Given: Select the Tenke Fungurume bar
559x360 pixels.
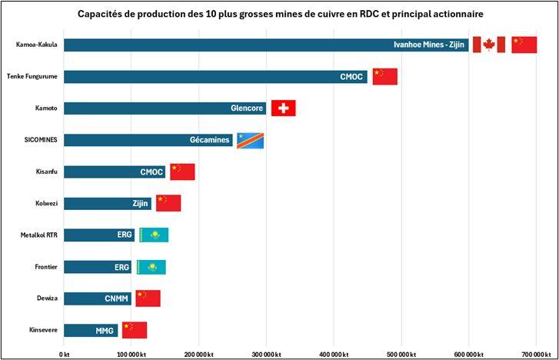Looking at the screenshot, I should pyautogui.click(x=208, y=77).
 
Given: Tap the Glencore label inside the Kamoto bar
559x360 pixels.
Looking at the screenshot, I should pyautogui.click(x=247, y=108).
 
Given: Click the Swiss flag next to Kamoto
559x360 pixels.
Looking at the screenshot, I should pyautogui.click(x=284, y=108).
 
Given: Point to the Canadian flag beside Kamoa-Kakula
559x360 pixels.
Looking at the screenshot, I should pyautogui.click(x=488, y=45).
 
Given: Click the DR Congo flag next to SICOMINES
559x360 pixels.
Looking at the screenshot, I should pyautogui.click(x=250, y=140).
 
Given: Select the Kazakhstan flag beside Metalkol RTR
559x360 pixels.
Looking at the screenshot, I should pyautogui.click(x=153, y=235).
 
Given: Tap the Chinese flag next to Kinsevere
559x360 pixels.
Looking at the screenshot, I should pyautogui.click(x=134, y=330).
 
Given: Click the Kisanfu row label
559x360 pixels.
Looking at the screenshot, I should pyautogui.click(x=45, y=172).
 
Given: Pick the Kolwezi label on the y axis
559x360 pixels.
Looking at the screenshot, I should pyautogui.click(x=45, y=204).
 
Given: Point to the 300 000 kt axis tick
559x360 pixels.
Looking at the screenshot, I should pyautogui.click(x=266, y=354).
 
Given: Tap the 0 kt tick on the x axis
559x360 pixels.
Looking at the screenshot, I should pyautogui.click(x=64, y=354).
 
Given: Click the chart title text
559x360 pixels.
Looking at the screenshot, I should pyautogui.click(x=280, y=15).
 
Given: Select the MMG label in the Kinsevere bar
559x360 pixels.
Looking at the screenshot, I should pyautogui.click(x=105, y=331).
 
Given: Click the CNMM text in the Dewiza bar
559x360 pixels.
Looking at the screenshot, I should pyautogui.click(x=116, y=298).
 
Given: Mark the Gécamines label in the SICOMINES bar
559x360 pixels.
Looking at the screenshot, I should pyautogui.click(x=210, y=140).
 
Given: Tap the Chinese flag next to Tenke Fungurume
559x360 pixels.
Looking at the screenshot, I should pyautogui.click(x=384, y=77).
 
